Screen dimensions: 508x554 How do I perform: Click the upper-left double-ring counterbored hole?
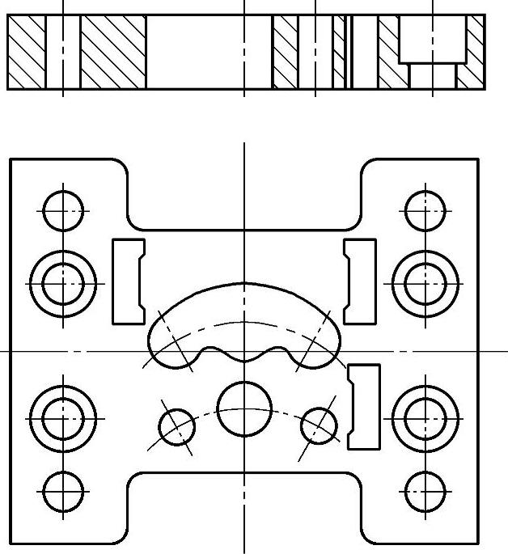tap(63, 284)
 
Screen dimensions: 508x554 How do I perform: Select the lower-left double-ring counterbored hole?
tap(63, 418)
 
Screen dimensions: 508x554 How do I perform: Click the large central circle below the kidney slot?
tap(244, 408)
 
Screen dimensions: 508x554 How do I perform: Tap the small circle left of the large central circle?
tap(177, 427)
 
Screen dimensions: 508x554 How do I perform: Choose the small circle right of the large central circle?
tap(319, 424)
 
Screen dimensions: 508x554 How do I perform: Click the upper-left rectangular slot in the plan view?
tap(127, 281)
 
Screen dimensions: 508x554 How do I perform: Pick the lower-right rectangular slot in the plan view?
tap(364, 407)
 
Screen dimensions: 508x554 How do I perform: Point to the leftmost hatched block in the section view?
tap(26, 52)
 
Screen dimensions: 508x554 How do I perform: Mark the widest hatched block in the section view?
tap(113, 52)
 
